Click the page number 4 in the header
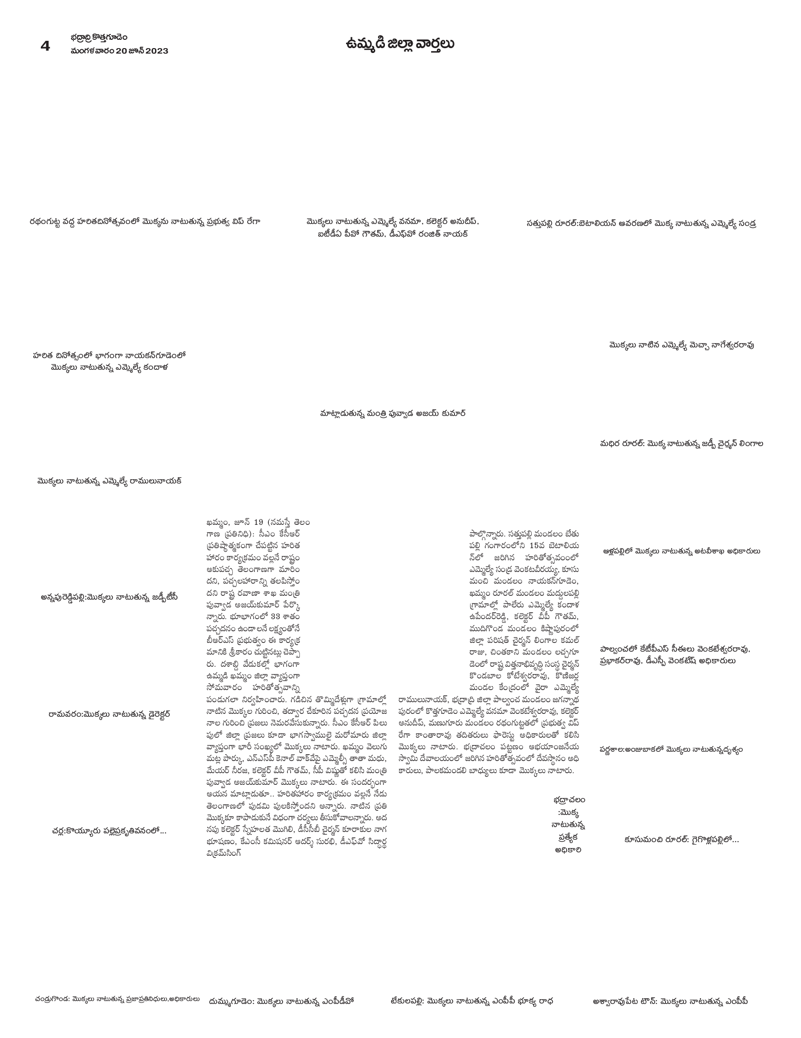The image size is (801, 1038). (x=45, y=46)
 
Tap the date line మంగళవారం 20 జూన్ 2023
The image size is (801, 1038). (x=119, y=51)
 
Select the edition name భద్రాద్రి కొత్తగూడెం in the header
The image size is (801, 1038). (x=99, y=37)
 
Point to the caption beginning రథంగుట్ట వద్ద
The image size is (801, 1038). (x=144, y=222)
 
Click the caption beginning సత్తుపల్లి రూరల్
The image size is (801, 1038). (x=641, y=224)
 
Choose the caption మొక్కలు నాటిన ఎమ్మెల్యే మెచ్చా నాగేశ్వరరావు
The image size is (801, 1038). (x=681, y=345)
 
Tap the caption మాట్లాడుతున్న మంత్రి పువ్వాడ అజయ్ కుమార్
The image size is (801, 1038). (x=393, y=414)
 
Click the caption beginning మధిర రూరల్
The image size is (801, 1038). (x=681, y=443)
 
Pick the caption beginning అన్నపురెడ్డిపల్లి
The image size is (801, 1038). (x=109, y=597)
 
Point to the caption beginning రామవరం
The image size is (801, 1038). (x=109, y=714)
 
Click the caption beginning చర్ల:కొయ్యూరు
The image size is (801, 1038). (x=109, y=831)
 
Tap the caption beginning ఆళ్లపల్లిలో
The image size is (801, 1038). (x=681, y=551)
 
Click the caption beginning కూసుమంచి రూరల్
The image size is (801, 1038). (x=681, y=839)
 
